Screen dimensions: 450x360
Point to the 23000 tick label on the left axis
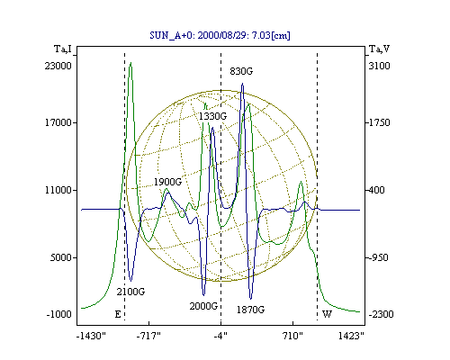click(x=58, y=66)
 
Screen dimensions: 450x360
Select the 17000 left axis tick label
click(x=58, y=122)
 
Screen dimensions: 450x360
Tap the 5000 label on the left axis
click(x=60, y=257)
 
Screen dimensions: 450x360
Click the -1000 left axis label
click(x=59, y=314)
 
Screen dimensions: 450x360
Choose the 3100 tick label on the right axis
click(x=379, y=66)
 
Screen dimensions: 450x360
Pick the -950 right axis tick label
click(x=378, y=257)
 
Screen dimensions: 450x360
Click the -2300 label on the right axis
click(x=381, y=314)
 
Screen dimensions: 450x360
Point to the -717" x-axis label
click(x=148, y=336)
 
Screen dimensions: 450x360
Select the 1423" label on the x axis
click(x=351, y=336)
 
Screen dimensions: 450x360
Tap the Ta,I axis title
click(x=63, y=49)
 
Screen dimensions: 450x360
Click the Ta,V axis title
click(x=379, y=49)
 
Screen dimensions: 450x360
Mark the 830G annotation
click(x=241, y=71)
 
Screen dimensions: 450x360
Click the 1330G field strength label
click(x=212, y=116)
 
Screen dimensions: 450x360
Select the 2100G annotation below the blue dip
click(x=130, y=292)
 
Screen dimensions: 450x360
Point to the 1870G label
click(x=250, y=310)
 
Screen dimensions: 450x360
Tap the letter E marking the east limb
click(x=118, y=314)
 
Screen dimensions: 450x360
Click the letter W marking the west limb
click(x=327, y=314)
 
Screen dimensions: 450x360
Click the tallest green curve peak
click(x=130, y=63)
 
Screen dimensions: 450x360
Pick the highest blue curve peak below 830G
click(x=242, y=84)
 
